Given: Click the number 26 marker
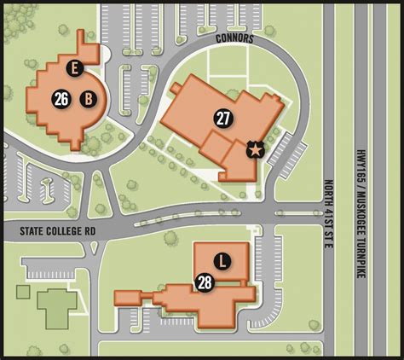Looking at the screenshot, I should point(61,99).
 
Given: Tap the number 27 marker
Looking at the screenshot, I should point(222,119).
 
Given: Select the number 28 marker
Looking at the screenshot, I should point(205,282).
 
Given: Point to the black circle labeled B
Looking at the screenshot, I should point(87,99).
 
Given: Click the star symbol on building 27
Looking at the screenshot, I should point(254,150).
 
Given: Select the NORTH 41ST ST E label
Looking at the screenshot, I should point(328,214).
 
